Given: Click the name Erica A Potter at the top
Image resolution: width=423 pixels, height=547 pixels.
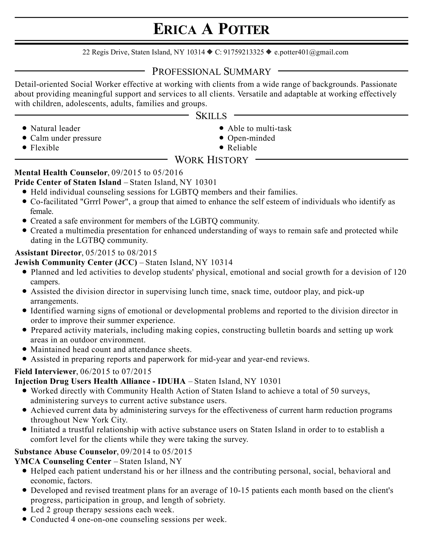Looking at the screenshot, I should point(211,29).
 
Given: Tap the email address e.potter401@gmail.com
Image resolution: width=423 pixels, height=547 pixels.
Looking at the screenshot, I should point(311,52).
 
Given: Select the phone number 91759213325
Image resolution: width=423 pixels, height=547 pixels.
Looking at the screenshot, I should point(243,52).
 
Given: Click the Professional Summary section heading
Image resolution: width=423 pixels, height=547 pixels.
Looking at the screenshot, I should point(211,72).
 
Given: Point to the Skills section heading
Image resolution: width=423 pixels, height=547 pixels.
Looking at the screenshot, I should point(211,116).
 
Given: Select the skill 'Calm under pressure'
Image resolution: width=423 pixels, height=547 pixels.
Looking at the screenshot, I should point(66,138).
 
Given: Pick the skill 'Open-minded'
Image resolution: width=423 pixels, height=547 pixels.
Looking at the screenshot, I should point(251,138).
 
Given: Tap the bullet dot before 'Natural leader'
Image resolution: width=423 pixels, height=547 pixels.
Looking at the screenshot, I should point(24,128).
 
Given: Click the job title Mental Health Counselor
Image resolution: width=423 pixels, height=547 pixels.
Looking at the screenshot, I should point(61,173).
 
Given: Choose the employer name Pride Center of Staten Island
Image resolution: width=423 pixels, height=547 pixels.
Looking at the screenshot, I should point(68,182).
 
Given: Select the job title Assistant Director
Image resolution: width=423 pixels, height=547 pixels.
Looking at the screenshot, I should point(48,252).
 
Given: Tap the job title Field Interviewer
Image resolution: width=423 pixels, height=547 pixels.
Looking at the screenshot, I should point(45,371).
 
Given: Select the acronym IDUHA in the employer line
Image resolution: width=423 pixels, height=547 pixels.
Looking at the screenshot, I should point(171,381).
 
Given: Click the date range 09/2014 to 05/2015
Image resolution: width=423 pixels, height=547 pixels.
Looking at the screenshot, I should point(156,452).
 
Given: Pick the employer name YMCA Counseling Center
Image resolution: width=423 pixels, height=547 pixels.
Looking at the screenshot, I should point(63,461).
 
